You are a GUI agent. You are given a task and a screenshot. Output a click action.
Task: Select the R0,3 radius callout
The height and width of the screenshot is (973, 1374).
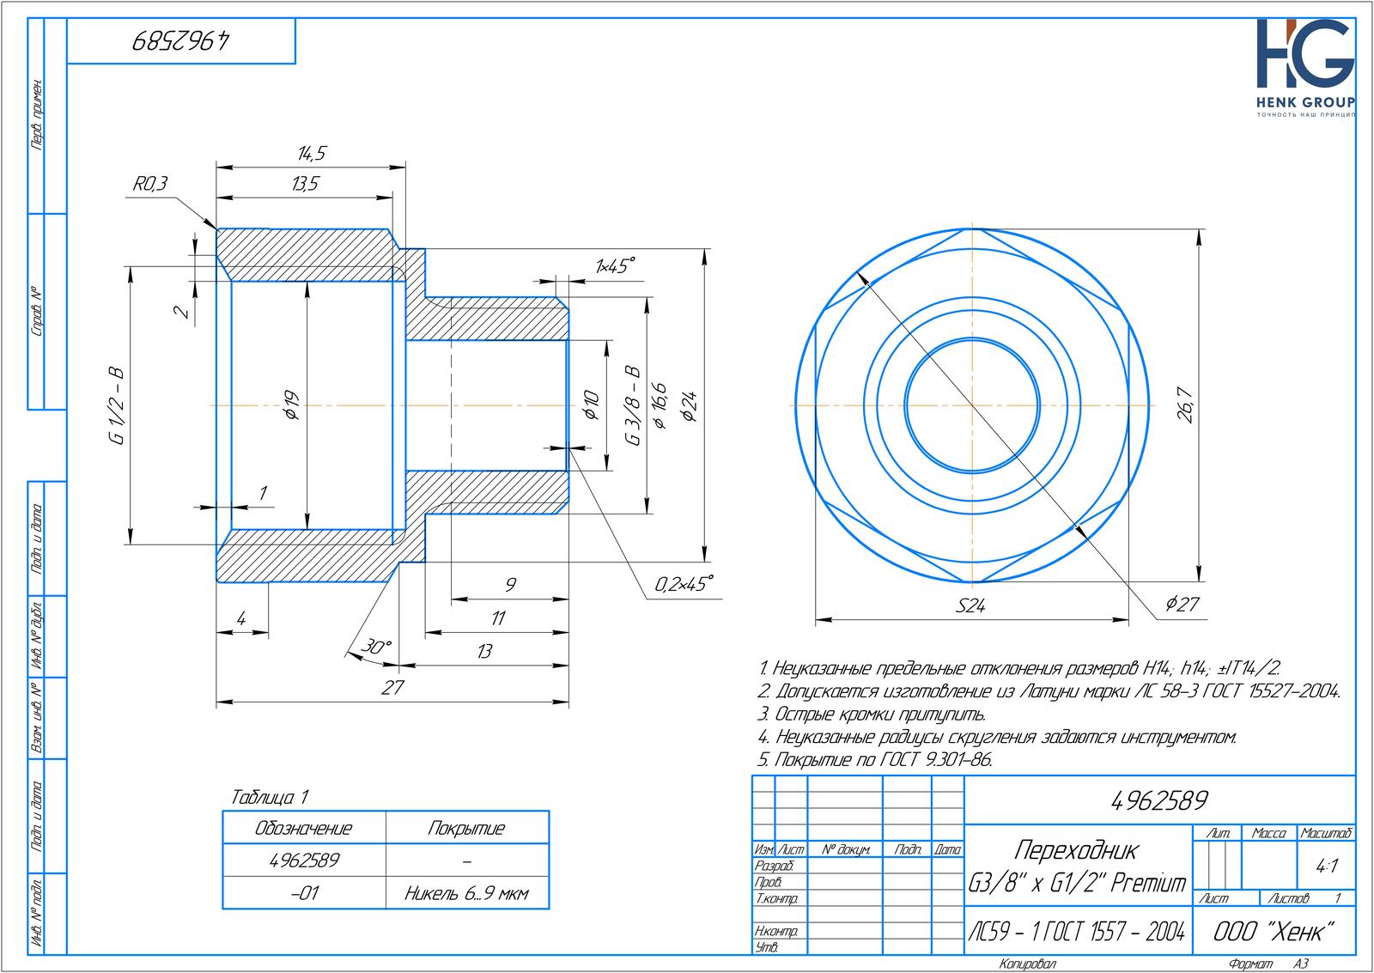(149, 184)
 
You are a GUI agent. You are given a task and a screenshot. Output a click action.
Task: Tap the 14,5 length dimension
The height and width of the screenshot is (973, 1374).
(311, 154)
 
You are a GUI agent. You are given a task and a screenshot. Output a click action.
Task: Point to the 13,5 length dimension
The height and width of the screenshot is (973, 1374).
(305, 184)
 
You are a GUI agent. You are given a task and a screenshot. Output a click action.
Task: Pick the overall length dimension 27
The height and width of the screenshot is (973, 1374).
(392, 688)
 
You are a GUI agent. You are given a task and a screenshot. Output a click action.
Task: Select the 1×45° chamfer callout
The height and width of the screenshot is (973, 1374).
(616, 265)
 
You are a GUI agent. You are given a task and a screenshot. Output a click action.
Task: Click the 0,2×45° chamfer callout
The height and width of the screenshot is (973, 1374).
(684, 585)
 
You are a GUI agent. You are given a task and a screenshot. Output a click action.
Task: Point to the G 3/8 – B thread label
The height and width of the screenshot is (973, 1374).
(633, 405)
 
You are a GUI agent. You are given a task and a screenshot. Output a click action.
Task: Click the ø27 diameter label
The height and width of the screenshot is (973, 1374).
(1182, 605)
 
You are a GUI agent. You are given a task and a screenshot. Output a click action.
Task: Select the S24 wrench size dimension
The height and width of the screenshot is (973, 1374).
(970, 606)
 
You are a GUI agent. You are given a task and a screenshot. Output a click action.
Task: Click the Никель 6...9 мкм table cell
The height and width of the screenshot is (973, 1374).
(466, 894)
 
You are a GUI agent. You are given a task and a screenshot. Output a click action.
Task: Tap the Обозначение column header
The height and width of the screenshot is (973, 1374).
(304, 829)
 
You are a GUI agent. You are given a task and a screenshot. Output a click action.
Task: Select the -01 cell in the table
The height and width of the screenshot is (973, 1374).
(304, 894)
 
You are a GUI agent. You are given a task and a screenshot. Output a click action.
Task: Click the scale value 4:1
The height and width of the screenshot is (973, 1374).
(1327, 867)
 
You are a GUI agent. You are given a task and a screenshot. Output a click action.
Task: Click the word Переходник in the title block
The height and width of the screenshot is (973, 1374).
(1076, 850)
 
